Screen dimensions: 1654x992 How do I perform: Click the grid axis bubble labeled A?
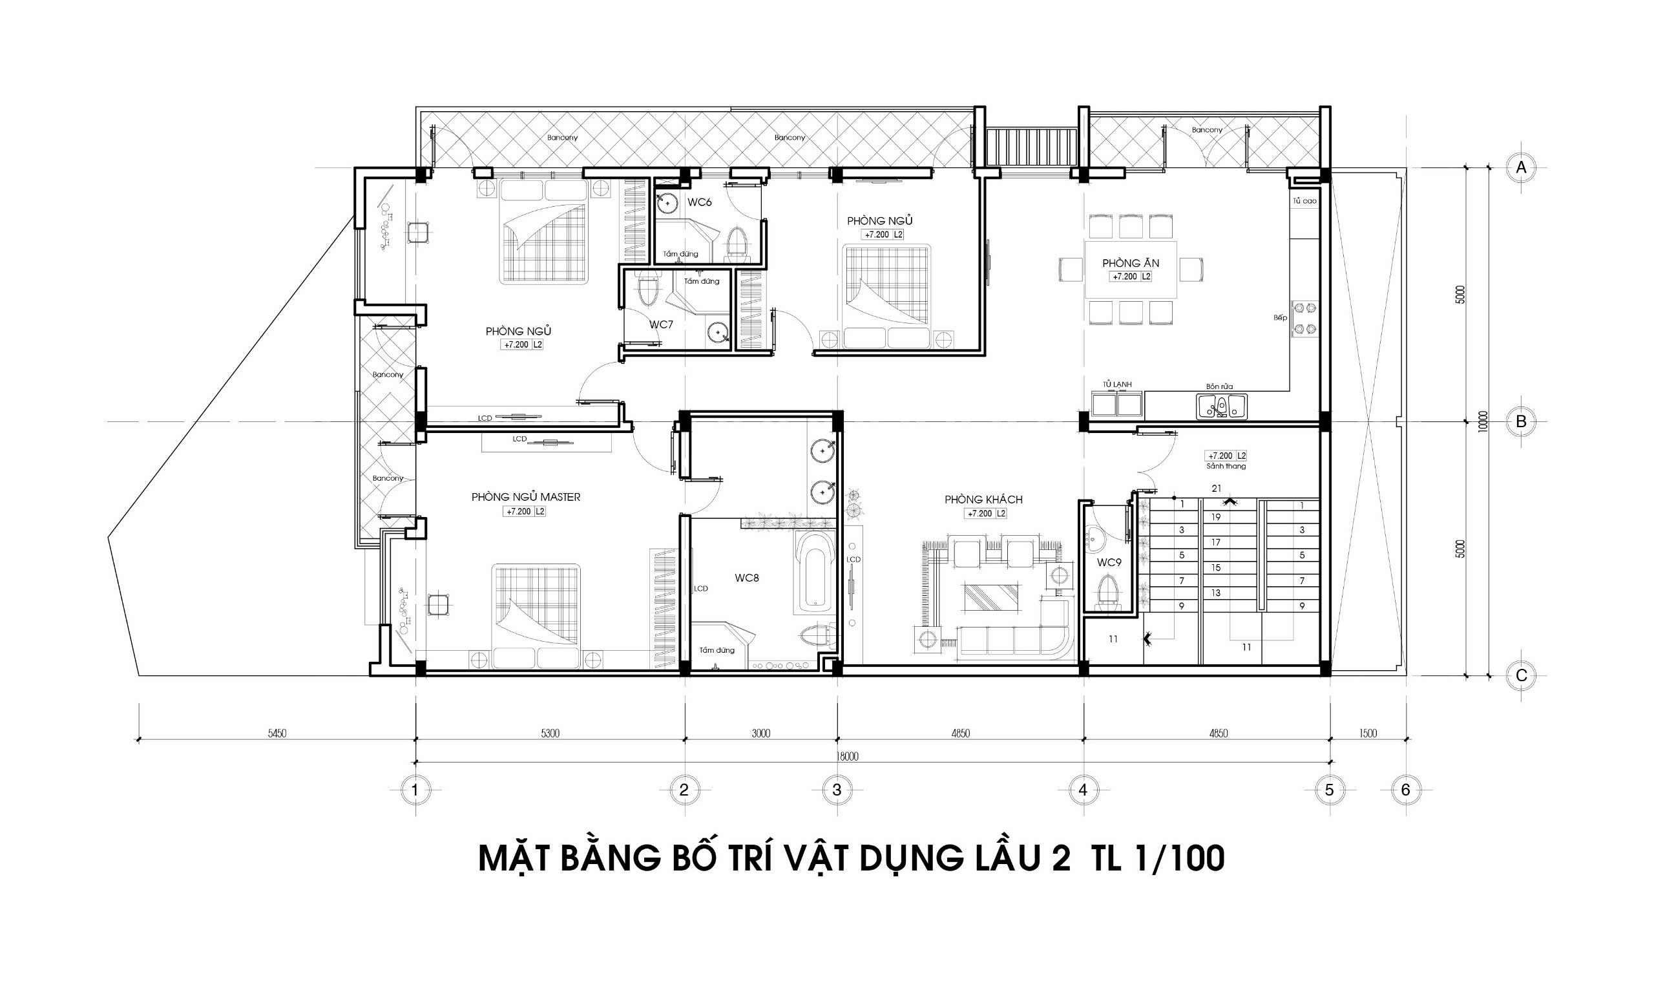click(1521, 168)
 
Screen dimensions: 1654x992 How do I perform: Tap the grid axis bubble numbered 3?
click(837, 790)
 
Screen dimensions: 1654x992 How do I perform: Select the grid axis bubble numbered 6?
click(1405, 790)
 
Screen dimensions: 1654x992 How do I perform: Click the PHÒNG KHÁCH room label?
click(983, 500)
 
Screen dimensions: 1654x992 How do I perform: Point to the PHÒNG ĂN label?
click(1131, 264)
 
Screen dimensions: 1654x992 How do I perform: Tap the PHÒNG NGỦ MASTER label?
click(526, 497)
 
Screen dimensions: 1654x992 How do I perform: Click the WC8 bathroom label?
click(746, 578)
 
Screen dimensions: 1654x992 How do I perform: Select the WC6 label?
click(700, 202)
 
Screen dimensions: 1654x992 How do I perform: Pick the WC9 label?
click(1109, 563)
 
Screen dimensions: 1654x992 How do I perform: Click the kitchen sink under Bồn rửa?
click(1221, 406)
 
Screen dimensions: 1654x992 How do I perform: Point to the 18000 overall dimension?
click(847, 757)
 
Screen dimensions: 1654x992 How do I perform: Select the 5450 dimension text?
click(277, 733)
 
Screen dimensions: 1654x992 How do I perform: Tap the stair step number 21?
click(1215, 489)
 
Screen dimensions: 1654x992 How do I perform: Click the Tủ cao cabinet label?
click(1304, 200)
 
